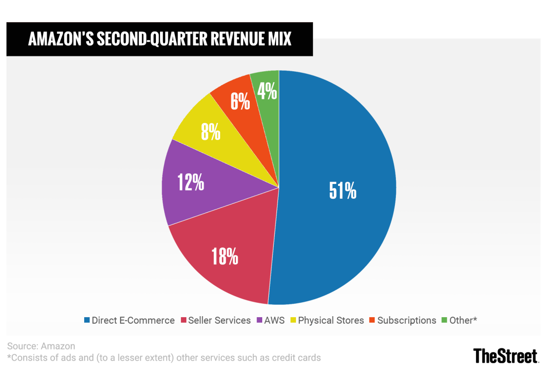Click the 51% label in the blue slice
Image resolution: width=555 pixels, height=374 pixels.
pos(343,190)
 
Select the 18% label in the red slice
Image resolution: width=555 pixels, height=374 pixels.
pos(225,256)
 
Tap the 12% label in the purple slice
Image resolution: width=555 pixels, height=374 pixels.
pos(191,182)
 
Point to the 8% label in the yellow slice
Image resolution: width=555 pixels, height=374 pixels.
pos(210,132)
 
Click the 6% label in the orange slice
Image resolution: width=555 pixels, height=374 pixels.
pos(240,101)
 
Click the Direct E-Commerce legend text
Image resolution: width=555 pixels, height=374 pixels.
pos(133,320)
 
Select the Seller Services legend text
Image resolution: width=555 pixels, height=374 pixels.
pos(219,320)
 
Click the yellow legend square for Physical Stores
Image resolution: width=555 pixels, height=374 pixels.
pos(293,320)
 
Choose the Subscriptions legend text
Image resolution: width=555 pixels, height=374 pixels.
pos(407,320)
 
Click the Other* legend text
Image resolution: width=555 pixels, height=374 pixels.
pos(462,320)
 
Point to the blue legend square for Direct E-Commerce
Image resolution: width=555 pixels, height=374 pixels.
pos(87,320)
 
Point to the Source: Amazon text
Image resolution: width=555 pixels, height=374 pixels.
pos(41,346)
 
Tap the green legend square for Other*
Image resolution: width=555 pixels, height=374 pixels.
pos(444,320)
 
